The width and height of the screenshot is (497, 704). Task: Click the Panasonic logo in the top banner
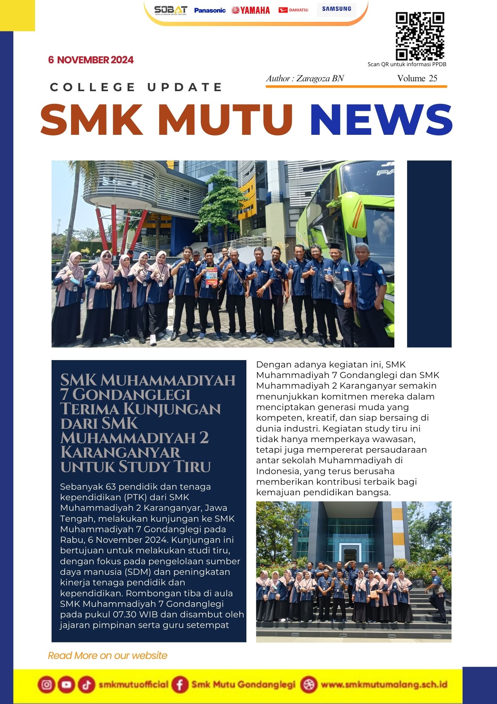[209, 10]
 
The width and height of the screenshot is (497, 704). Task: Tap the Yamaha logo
[251, 10]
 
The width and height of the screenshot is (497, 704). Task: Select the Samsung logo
[336, 9]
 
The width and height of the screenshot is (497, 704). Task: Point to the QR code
[420, 36]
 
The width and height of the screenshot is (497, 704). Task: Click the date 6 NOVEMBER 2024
[91, 60]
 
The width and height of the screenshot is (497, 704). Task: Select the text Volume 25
[417, 78]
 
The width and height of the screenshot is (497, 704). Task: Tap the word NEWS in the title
[381, 120]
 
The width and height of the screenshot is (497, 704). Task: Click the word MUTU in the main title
[225, 120]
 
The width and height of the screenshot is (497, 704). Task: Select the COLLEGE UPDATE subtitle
[136, 87]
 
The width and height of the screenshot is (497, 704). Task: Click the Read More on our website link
[107, 655]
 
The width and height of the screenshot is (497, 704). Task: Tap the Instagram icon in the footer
[46, 685]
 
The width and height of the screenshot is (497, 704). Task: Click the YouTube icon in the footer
[66, 685]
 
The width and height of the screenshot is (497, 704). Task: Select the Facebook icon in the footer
[180, 685]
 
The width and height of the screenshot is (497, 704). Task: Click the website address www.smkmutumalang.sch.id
[384, 685]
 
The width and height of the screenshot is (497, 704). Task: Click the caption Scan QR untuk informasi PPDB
[407, 64]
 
